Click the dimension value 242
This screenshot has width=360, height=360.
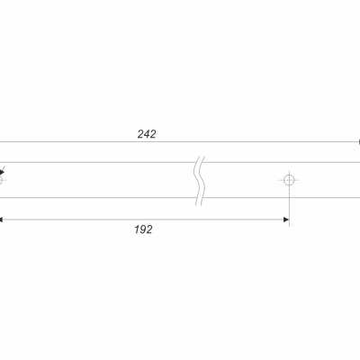(147, 134)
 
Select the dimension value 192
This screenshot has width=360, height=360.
(143, 229)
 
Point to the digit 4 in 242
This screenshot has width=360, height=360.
(147, 134)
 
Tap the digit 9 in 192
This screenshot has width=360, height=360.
(143, 229)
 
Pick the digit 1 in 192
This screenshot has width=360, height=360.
(137, 229)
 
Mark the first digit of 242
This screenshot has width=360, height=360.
(141, 134)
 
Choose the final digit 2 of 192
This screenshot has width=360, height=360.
(149, 229)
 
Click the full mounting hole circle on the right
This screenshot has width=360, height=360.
(289, 176)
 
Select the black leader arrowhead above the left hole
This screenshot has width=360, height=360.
(2, 173)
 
